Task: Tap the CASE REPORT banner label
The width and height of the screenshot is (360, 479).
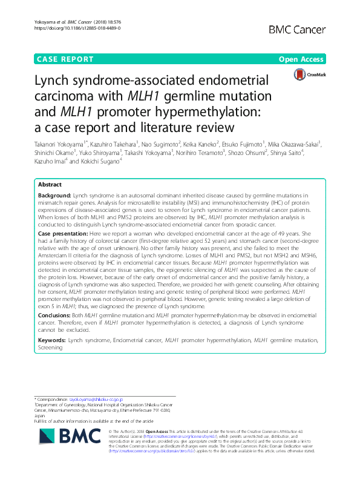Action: tap(65, 59)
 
